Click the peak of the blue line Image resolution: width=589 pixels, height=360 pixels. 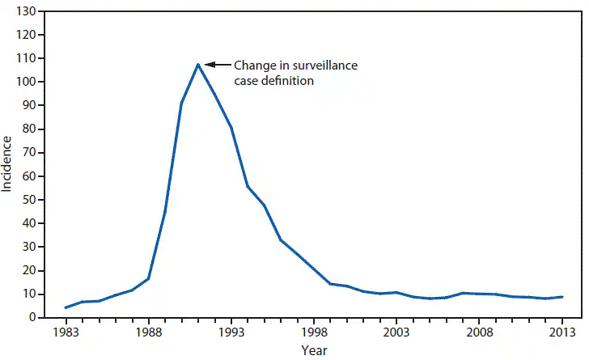(197, 65)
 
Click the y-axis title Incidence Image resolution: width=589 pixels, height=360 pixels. (7, 164)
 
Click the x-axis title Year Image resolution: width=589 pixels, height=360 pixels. (315, 350)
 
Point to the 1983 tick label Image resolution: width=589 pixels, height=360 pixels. (66, 332)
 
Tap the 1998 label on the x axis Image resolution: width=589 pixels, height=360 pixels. (314, 332)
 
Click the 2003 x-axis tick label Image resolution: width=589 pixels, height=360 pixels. (396, 332)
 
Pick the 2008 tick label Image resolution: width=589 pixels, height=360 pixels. (479, 332)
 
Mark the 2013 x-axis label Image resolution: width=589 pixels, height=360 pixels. (561, 332)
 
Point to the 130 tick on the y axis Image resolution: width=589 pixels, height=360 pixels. (27, 12)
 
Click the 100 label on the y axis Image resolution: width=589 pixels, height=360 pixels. (27, 83)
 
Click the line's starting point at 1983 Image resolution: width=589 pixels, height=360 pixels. (66, 307)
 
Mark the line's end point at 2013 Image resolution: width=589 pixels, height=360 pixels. (561, 297)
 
